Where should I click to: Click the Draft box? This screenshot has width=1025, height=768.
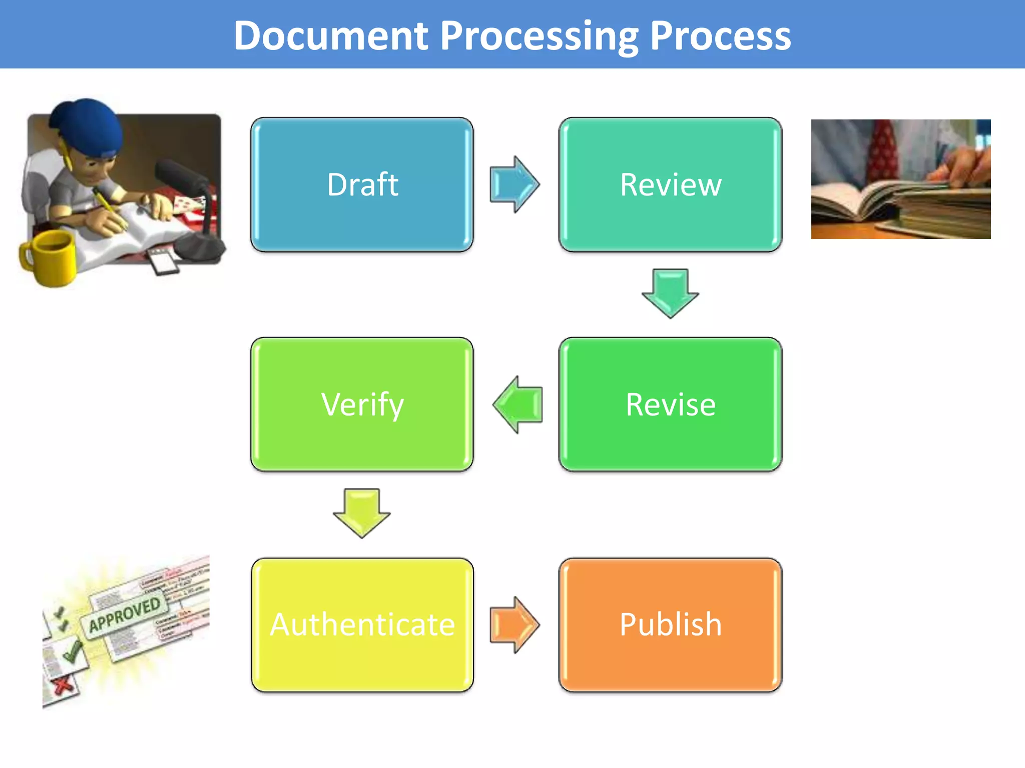(x=362, y=184)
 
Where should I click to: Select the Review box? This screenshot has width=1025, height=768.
(x=670, y=184)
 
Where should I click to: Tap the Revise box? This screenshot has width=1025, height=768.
(x=670, y=404)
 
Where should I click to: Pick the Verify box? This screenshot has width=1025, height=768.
(x=362, y=404)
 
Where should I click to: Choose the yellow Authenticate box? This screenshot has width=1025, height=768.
(x=362, y=624)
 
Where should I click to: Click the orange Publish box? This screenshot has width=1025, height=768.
(x=670, y=624)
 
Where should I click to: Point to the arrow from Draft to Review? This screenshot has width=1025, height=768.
(x=515, y=184)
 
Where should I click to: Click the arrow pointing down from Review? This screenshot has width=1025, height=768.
(x=670, y=293)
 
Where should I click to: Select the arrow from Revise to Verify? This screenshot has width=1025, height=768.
(x=518, y=404)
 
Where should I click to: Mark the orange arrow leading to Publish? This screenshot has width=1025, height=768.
(x=515, y=624)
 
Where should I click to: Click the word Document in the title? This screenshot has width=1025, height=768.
(x=331, y=36)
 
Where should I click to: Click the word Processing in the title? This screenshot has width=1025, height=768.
(x=539, y=36)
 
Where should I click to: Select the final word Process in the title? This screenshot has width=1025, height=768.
(x=720, y=36)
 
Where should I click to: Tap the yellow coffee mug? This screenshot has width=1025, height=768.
(x=48, y=257)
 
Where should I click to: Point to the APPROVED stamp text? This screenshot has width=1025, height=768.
(x=125, y=614)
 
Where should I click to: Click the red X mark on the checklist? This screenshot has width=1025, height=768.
(x=63, y=685)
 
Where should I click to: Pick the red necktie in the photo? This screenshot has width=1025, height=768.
(x=883, y=150)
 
